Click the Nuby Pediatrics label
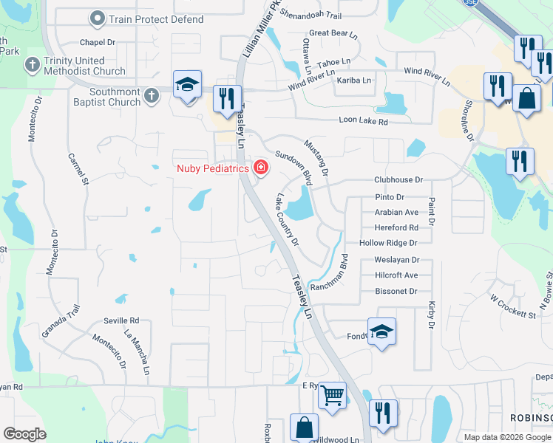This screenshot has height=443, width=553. click(212, 168)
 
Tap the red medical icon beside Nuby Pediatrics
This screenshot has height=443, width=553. click(260, 168)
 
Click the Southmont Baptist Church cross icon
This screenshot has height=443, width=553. click(151, 95)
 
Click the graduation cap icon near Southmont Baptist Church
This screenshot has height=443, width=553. click(187, 85)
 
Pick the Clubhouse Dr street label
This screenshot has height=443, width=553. click(398, 179)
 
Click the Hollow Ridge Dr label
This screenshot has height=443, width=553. click(388, 243)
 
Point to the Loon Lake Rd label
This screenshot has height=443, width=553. click(363, 120)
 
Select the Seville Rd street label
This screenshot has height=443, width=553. click(122, 320)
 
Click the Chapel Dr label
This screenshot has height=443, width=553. click(98, 42)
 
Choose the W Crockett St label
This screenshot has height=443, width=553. click(512, 308)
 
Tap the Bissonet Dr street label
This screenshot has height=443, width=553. click(396, 292)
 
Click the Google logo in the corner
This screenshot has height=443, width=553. click(24, 434)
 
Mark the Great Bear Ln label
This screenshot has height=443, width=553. click(333, 33)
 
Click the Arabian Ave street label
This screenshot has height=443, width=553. click(396, 212)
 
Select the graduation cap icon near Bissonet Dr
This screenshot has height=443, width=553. click(381, 332)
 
